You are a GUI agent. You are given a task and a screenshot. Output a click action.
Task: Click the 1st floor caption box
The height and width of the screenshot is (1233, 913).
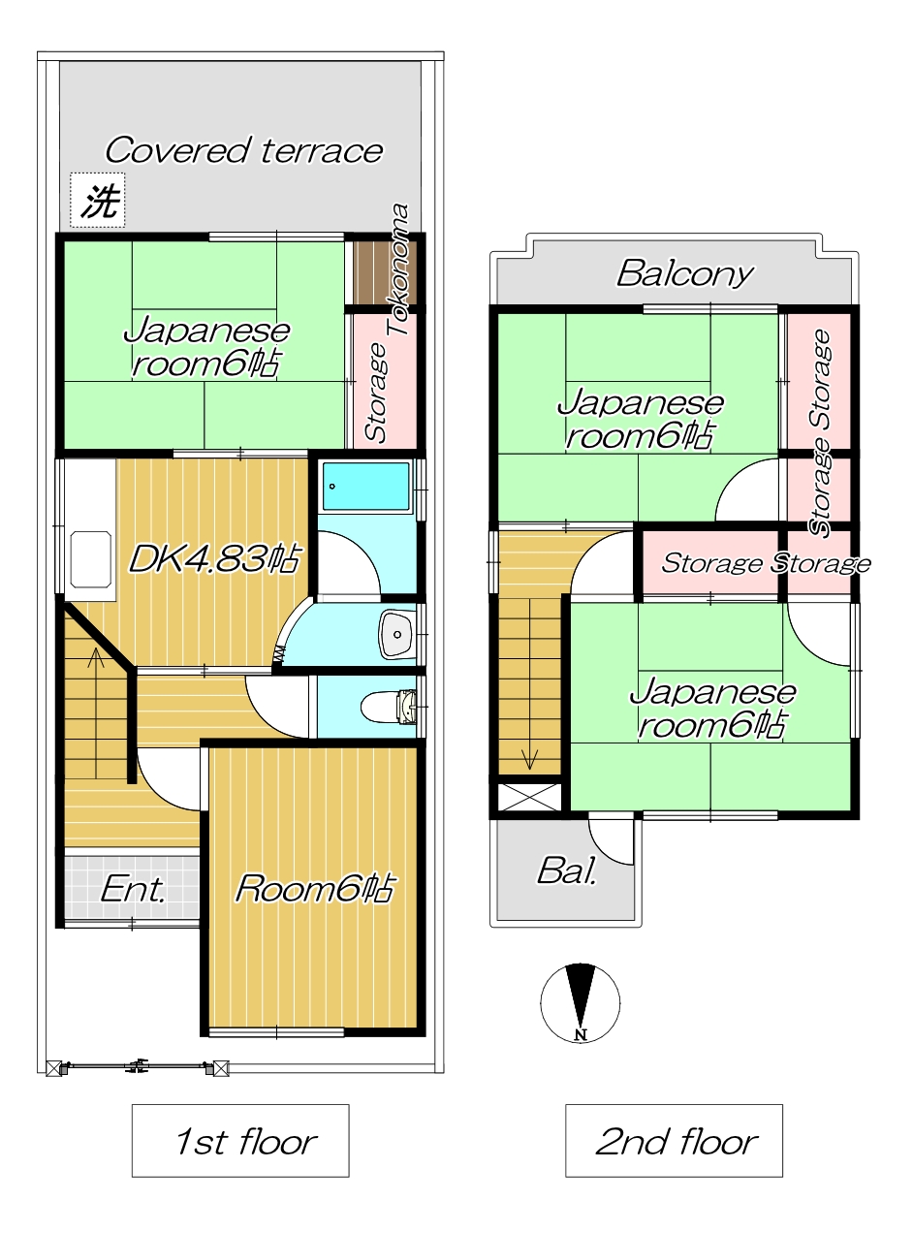click(x=240, y=1141)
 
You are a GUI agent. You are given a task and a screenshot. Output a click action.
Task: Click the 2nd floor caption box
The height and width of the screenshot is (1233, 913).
click(x=674, y=1141)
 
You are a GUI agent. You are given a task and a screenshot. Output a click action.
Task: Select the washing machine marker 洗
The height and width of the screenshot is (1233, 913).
click(x=97, y=200)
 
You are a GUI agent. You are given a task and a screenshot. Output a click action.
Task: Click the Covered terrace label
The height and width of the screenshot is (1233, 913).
click(x=243, y=150)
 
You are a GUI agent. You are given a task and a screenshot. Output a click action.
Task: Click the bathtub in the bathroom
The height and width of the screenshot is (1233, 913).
click(x=365, y=486)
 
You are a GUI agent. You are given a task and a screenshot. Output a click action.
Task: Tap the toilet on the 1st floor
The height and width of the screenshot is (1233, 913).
click(x=389, y=707)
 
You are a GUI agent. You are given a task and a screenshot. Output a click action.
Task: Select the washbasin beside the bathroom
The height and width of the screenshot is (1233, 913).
click(x=397, y=634)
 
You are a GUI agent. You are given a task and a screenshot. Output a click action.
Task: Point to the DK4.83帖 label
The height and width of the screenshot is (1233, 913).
click(x=214, y=558)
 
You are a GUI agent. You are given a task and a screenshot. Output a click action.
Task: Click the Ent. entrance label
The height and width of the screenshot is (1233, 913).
click(x=133, y=890)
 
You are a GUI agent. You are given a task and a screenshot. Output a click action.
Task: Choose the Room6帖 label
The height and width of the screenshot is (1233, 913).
click(x=315, y=888)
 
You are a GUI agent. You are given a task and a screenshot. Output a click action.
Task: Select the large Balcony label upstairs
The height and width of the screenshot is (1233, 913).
click(x=685, y=273)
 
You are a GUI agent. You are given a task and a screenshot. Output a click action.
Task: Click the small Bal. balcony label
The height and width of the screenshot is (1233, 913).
click(x=567, y=871)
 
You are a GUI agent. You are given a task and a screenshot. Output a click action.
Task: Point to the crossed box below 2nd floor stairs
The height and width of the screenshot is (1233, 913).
click(x=529, y=797)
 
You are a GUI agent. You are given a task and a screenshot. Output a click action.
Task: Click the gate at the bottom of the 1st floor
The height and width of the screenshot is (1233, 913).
click(x=137, y=1068)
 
